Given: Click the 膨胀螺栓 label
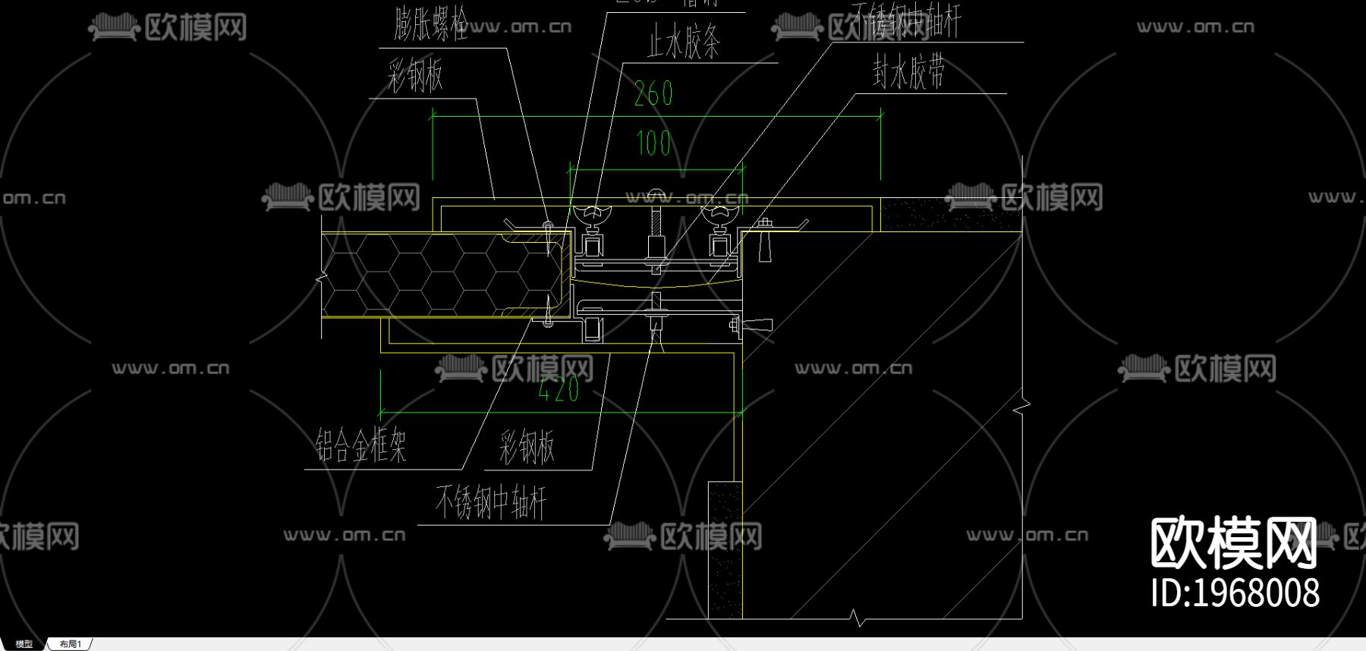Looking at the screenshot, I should [430, 24].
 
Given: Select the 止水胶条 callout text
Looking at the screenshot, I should [683, 42].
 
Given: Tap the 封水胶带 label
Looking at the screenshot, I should [908, 74].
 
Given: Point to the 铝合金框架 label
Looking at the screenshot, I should [361, 445].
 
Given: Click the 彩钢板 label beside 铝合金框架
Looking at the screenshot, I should [527, 446].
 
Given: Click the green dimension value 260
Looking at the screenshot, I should [653, 94].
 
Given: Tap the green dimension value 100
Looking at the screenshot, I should [653, 143].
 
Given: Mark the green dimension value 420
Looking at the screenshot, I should [559, 390].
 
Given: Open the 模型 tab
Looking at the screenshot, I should [24, 644].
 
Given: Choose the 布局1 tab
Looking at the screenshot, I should [70, 644].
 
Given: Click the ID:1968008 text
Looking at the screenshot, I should [1235, 593].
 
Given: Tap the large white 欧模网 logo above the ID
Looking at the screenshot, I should [1233, 542].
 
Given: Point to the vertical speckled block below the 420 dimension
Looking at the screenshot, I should [725, 548].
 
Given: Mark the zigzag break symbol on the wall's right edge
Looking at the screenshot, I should [1022, 408].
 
